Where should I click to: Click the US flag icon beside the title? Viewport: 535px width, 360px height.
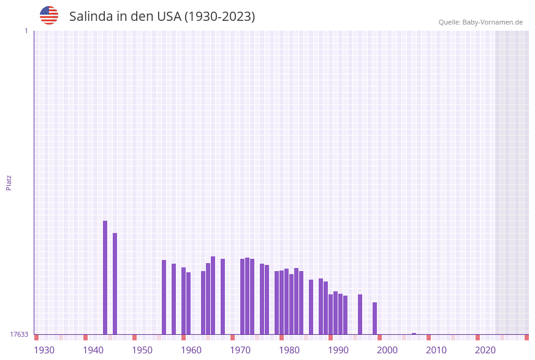49,15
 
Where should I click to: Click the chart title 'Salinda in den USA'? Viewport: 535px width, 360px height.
162,17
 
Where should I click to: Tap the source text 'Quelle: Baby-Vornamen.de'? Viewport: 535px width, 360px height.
480,22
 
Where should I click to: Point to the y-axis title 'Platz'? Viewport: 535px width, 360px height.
9,182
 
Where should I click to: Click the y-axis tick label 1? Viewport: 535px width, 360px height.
26,31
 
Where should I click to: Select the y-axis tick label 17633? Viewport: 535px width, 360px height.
19,334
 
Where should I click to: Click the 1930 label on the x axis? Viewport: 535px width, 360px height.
44,350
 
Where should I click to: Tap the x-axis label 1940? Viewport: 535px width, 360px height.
93,350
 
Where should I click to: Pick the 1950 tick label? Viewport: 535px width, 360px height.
142,350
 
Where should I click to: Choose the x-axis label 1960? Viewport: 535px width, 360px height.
191,350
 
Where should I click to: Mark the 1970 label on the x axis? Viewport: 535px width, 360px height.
240,350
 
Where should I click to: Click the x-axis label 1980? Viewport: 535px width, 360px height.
289,350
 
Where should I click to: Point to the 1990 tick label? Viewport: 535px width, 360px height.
338,350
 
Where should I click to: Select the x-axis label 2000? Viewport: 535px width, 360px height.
387,350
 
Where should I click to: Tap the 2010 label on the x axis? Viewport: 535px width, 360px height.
436,350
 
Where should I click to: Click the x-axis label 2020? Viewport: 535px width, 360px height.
485,350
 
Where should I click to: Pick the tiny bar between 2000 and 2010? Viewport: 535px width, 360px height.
414,334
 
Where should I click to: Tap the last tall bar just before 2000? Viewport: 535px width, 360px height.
374,318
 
